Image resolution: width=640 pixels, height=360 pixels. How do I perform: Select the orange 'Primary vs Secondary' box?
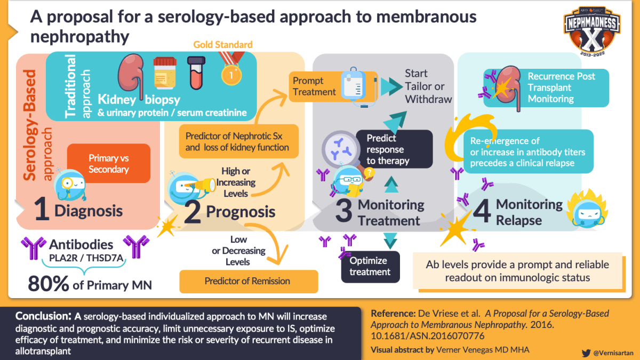point(109,164)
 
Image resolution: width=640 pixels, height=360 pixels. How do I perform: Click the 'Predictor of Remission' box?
point(247,281)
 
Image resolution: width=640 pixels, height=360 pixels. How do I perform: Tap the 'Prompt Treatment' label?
point(315,86)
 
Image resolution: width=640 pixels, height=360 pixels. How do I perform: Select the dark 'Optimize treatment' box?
point(370,266)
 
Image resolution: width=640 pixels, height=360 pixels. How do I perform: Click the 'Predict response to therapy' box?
point(394,149)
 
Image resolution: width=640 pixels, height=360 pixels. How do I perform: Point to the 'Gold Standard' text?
point(223,44)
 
